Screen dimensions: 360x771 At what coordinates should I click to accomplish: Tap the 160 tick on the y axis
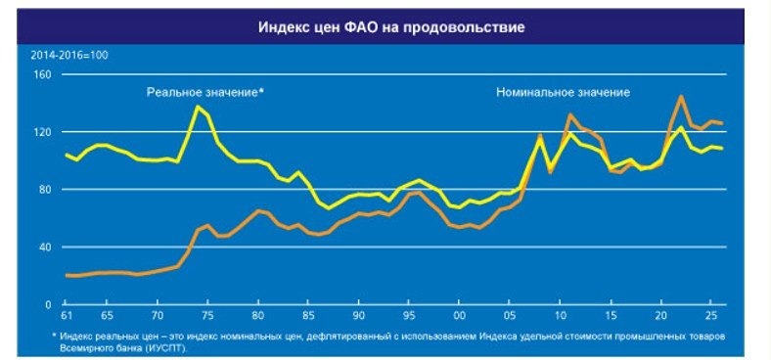(41, 74)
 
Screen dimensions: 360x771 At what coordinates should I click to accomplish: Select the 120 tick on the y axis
(41, 132)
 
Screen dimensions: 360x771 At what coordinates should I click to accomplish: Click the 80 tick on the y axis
(44, 190)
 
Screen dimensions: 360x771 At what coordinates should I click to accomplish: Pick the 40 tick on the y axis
(44, 247)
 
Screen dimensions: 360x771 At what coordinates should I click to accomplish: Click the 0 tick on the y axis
(47, 305)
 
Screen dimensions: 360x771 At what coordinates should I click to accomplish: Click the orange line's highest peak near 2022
(681, 96)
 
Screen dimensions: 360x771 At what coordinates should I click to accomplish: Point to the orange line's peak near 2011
(570, 115)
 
